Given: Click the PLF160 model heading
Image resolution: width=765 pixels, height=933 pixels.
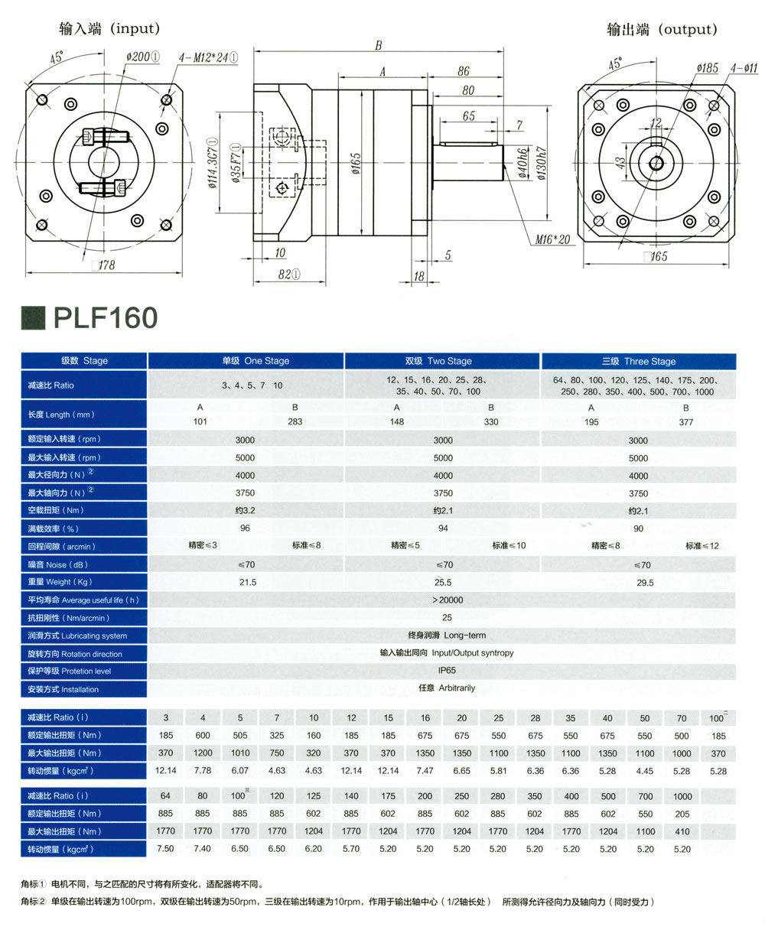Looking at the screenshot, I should point(104,318).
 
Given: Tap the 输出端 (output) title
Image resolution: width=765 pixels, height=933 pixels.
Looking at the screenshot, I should point(662,29).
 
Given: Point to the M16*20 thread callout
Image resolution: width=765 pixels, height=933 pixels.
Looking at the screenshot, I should point(552,240).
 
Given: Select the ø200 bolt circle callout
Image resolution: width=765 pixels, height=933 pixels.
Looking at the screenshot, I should point(143,56).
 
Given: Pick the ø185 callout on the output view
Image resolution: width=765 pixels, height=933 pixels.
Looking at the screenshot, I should point(707,68).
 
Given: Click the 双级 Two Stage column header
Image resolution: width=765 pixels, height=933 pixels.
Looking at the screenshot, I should point(442,361).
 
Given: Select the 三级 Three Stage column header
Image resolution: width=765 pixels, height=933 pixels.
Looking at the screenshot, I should point(638,361).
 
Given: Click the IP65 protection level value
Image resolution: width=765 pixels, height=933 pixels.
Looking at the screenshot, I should point(447,671).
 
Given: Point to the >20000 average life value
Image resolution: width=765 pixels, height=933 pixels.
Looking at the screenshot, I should point(447,600).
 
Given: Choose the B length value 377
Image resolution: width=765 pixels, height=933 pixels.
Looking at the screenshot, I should point(685,421).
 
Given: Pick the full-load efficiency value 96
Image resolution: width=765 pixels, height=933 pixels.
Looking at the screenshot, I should point(246,528).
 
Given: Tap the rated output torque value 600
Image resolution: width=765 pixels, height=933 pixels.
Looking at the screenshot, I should point(203,736).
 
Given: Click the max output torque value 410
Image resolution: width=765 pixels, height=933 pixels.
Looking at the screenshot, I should point(682,831).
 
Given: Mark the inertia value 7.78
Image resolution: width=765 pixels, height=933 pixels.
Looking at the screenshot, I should point(203,771).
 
